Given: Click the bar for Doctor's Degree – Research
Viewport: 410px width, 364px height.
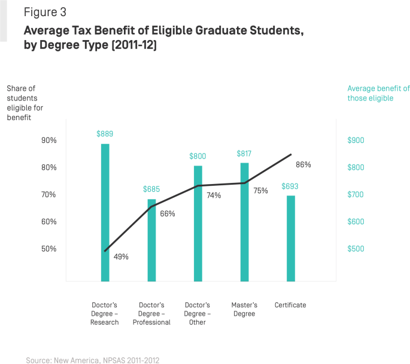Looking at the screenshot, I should tap(105, 212).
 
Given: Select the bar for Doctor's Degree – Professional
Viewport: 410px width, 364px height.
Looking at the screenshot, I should tap(151, 240).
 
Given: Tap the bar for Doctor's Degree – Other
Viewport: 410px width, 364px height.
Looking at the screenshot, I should tap(198, 223).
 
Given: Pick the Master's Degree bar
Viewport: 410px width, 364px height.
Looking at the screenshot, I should tap(244, 222).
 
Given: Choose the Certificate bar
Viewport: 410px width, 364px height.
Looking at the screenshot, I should tap(291, 238).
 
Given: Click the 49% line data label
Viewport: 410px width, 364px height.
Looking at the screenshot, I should tap(121, 257).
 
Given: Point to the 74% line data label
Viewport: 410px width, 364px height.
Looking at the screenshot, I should tap(214, 195).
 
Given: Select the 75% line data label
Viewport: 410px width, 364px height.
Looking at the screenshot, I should tap(260, 191).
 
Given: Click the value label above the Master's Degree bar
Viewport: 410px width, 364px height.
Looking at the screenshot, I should tap(244, 154).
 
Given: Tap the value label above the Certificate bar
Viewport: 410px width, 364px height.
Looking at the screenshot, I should tap(291, 186).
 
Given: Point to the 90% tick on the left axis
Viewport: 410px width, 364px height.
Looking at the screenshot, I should tap(48, 140).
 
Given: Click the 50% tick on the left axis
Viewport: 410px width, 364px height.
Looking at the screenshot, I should tap(48, 249).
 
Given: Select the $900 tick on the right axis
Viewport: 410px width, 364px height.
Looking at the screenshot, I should tap(356, 140).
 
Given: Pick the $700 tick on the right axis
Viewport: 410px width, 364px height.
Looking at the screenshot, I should tap(356, 195).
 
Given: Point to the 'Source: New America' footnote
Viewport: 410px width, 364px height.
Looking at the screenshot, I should tap(92, 360).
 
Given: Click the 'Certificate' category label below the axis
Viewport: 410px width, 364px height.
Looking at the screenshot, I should tap(291, 305).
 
